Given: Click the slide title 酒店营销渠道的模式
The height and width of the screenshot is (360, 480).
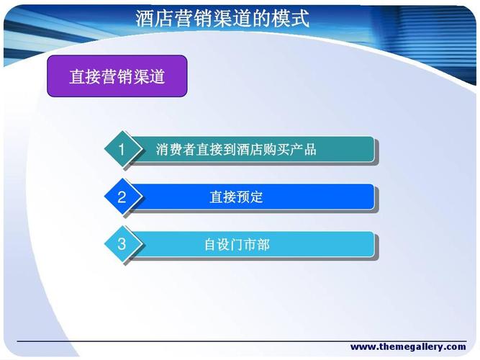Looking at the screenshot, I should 222,18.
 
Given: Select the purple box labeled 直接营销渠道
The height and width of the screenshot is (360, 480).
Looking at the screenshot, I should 117,76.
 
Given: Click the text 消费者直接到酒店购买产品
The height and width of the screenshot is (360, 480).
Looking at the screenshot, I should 236,150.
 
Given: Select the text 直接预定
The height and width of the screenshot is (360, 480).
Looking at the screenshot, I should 236,197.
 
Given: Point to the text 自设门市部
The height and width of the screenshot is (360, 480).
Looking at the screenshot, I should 236,245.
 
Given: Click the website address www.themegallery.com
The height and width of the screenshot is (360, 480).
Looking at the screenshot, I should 408,347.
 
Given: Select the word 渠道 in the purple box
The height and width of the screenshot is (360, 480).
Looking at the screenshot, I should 149,76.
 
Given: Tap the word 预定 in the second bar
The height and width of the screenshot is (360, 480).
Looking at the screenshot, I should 250,197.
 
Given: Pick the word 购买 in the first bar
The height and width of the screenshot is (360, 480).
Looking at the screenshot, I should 276,150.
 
